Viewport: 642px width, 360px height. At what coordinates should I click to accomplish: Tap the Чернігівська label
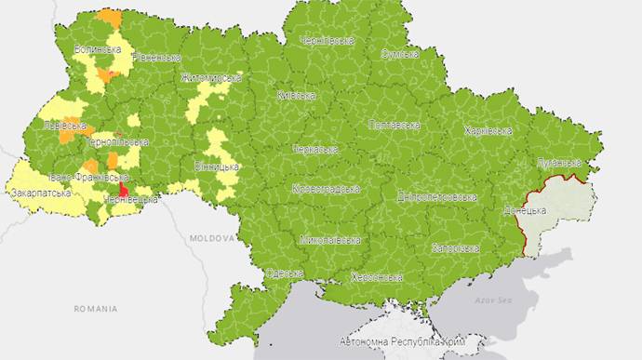(x=327, y=41)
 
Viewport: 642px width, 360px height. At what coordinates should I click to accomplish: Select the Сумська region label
(x=399, y=54)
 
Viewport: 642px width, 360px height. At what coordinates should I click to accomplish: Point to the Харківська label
(x=488, y=131)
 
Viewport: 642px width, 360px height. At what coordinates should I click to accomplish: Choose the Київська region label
(x=296, y=95)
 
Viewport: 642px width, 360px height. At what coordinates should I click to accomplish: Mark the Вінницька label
(x=217, y=167)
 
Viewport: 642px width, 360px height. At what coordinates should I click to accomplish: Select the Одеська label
(x=284, y=273)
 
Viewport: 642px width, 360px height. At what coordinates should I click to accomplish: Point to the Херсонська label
(x=377, y=277)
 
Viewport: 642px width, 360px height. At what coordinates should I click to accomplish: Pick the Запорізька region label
(x=455, y=248)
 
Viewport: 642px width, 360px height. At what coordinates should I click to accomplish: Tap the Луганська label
(x=558, y=164)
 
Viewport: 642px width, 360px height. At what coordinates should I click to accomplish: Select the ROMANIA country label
(x=96, y=307)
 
